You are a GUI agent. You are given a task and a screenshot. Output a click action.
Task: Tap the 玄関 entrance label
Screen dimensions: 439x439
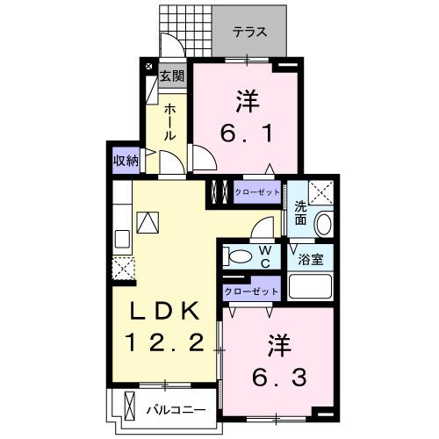click(x=172, y=76)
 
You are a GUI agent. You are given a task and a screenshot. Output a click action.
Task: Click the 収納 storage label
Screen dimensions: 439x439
click(x=126, y=160)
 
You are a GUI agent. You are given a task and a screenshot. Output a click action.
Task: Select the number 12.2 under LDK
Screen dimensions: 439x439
click(x=166, y=342)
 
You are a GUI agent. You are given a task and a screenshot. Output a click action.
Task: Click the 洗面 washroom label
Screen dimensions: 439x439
click(x=300, y=213)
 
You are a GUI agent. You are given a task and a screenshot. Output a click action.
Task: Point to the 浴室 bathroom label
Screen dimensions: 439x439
click(x=309, y=261)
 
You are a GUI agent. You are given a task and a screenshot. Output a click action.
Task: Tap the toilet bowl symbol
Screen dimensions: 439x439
click(x=236, y=255)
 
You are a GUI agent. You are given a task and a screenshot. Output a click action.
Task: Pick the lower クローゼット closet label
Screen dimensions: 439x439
click(x=251, y=291)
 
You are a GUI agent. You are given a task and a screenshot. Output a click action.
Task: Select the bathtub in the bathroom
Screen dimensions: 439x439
click(x=309, y=287)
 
